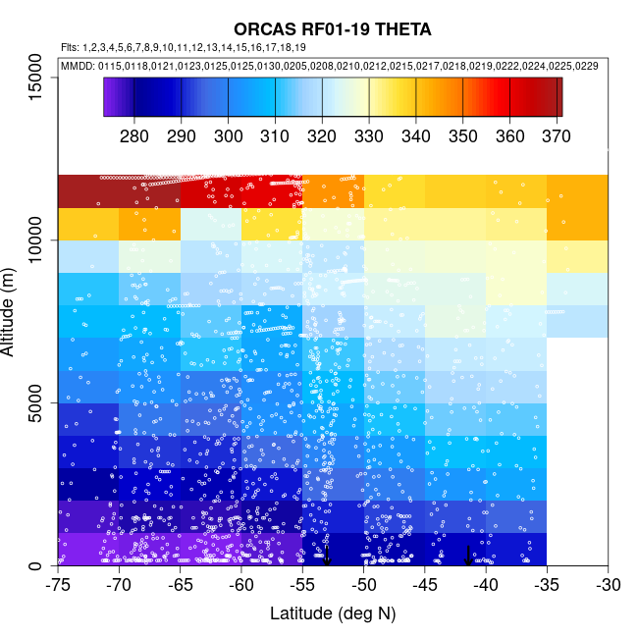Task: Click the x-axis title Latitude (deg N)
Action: [x=333, y=613]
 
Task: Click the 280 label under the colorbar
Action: [x=134, y=134]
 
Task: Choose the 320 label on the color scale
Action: [x=322, y=134]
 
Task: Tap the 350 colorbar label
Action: [x=463, y=134]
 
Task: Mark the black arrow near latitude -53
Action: [x=327, y=556]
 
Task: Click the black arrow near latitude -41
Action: [x=468, y=555]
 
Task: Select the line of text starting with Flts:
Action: [x=183, y=47]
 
